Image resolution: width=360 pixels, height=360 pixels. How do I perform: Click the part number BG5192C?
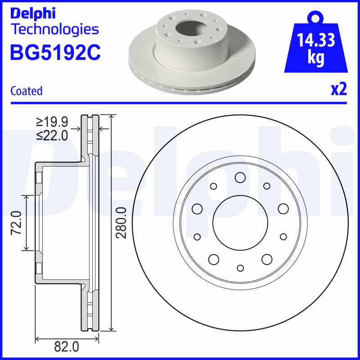point(55,52)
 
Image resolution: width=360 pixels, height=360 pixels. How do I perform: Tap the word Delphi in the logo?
point(32,13)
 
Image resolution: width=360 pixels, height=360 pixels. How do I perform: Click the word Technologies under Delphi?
point(54,30)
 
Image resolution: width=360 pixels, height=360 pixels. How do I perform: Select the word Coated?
point(26,91)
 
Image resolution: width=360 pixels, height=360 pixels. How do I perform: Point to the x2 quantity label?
point(339,90)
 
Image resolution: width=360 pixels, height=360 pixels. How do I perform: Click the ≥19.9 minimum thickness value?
point(52,121)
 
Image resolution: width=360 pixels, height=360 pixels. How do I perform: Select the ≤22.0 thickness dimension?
point(52,135)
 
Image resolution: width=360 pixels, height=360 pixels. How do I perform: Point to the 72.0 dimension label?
point(17,223)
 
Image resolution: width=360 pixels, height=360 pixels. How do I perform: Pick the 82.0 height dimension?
point(67,346)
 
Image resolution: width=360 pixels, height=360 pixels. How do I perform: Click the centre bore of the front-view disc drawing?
point(240,223)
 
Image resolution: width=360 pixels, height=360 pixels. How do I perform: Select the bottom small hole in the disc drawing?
point(240,268)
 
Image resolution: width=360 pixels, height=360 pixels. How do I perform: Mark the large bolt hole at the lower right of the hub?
point(267,259)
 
